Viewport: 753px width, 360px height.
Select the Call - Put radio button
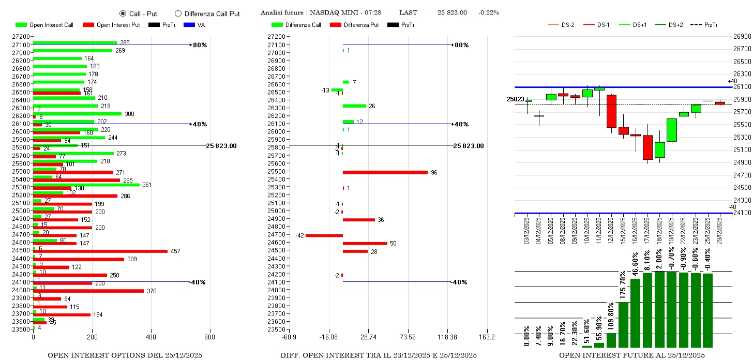(x=123, y=13)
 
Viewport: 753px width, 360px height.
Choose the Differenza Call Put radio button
(x=178, y=13)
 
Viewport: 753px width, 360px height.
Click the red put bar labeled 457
(x=100, y=251)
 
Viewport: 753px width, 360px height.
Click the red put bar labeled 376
(x=88, y=291)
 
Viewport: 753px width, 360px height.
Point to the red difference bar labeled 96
(x=385, y=172)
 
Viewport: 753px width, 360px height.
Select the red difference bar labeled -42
(x=324, y=235)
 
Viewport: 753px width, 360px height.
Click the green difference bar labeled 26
(x=354, y=106)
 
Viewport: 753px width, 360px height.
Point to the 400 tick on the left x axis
(x=151, y=337)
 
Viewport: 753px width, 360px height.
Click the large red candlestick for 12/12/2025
(x=611, y=111)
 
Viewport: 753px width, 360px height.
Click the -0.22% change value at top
(x=489, y=12)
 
